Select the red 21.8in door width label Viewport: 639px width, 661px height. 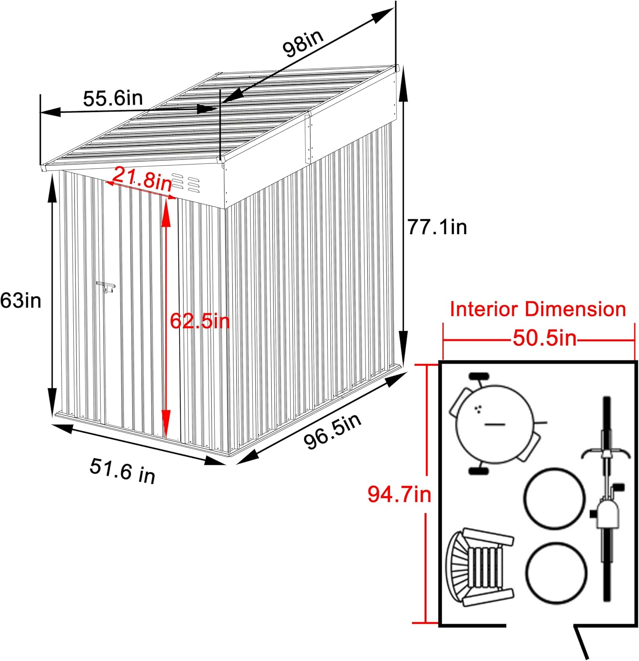[142, 178]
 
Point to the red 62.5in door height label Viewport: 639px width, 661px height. [200, 321]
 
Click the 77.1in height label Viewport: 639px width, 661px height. [437, 227]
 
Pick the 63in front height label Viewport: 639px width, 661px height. [21, 301]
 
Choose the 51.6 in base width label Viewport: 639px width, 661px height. [123, 471]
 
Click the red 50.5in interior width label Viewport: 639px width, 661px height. [544, 338]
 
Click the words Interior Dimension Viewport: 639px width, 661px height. [538, 309]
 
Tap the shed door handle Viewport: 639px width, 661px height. [106, 287]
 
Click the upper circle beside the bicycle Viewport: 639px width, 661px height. [555, 498]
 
